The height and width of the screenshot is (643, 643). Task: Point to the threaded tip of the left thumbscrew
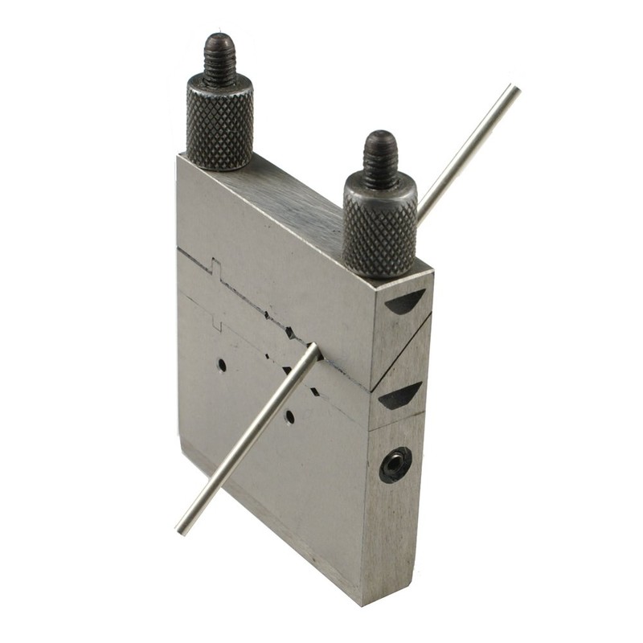(219, 56)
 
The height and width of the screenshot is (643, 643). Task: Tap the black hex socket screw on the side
(395, 465)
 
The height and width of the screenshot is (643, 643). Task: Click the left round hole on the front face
(222, 365)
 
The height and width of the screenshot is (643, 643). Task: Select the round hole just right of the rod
(289, 417)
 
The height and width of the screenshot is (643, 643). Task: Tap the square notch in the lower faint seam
(216, 321)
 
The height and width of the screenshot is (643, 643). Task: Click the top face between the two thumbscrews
(297, 201)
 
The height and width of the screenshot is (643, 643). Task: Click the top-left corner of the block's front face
(178, 158)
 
